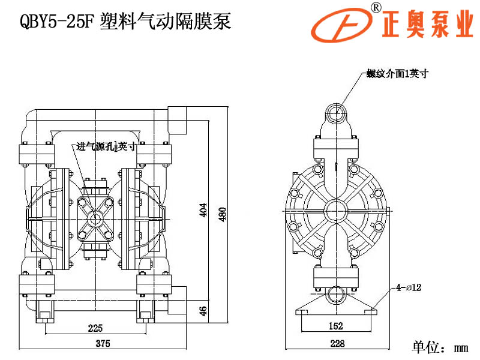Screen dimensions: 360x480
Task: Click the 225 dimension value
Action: (x=95, y=328)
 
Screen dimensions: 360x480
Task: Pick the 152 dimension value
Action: (x=336, y=326)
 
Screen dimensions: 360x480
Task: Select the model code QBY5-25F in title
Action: (x=56, y=22)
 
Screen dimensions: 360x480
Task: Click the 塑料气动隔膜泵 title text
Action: (x=164, y=22)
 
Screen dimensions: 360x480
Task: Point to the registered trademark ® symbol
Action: (x=376, y=7)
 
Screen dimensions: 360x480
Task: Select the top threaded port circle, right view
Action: (x=336, y=112)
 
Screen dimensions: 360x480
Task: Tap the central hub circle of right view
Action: (x=336, y=209)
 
